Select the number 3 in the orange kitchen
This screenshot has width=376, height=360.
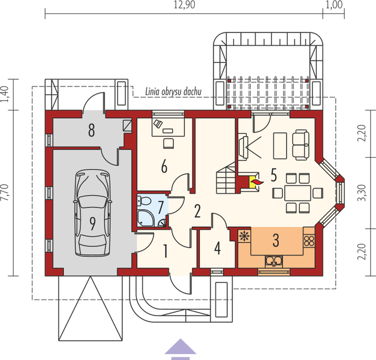275,241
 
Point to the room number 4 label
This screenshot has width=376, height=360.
216,247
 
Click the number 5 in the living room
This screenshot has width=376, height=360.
273,175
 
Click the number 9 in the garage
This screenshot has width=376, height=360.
94,224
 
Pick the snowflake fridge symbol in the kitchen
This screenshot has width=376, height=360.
245,235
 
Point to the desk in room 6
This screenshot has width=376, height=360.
167,127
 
